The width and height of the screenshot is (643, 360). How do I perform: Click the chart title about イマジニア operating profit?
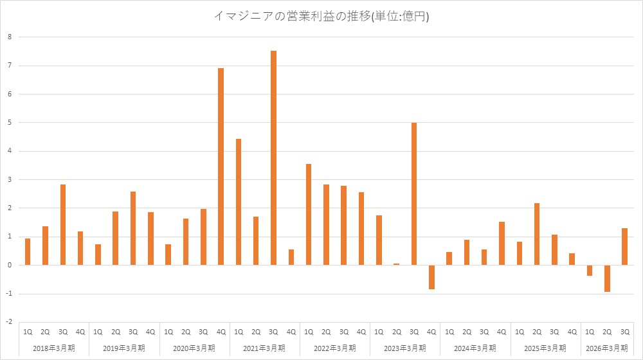321,17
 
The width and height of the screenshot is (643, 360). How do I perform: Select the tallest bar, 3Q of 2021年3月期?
273,157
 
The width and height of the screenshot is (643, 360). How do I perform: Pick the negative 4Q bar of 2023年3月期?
431,277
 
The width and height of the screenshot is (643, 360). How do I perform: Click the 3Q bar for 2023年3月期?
414,194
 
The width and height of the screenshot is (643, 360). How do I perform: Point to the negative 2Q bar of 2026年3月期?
607,278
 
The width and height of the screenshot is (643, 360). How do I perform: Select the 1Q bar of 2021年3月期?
239,202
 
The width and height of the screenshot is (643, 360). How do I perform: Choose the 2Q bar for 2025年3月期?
537,234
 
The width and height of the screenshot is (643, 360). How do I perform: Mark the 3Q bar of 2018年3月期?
63,225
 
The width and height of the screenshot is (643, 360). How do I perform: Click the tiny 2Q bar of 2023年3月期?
396,264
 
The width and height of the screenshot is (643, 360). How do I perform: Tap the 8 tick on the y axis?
10,37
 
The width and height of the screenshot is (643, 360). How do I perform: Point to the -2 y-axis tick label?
8,322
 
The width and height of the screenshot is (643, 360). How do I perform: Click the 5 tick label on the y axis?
10,122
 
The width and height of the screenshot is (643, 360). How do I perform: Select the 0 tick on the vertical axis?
10,265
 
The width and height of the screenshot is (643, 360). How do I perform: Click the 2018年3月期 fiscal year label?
54,348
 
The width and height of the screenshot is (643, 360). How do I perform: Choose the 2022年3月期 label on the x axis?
335,348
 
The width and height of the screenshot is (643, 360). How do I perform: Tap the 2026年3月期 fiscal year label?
606,348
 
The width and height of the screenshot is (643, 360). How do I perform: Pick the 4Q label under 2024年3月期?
502,332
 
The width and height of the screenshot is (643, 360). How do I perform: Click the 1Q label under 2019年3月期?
98,332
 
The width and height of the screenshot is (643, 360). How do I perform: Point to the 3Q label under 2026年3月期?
624,332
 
